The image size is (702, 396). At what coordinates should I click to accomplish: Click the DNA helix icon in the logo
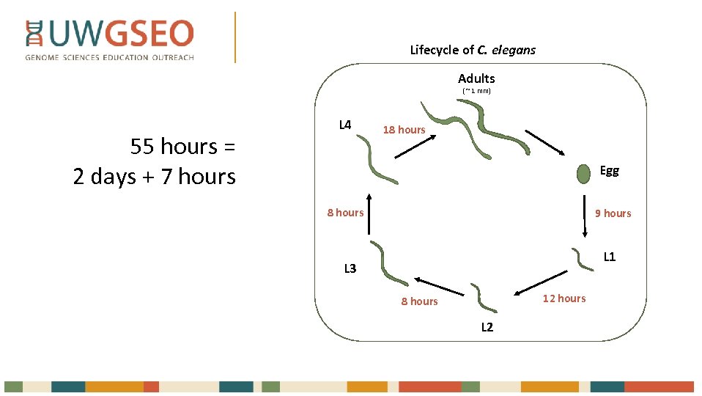tap(34, 34)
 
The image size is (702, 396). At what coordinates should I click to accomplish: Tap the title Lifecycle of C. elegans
tap(473, 50)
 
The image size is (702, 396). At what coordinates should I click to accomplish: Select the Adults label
tap(476, 78)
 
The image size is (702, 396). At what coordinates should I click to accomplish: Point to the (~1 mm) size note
tap(476, 91)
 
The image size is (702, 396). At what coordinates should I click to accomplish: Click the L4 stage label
tap(345, 125)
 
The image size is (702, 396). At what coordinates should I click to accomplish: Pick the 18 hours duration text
tap(404, 130)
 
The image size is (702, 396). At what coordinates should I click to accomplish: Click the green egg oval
tap(583, 174)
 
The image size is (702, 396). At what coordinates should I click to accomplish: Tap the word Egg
tap(609, 171)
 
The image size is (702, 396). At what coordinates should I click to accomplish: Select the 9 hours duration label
tap(613, 213)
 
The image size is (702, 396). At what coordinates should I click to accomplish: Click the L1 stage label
tap(609, 257)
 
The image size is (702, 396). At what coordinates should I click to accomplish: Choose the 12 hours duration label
tap(564, 298)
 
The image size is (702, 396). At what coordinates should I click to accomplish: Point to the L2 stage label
tap(487, 327)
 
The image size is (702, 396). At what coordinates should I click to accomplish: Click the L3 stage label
tap(350, 268)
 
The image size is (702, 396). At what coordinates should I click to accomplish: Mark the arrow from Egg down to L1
tap(585, 216)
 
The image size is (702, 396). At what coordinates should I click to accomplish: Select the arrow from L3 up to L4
tap(369, 213)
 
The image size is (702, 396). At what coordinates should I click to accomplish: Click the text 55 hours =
tap(182, 147)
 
